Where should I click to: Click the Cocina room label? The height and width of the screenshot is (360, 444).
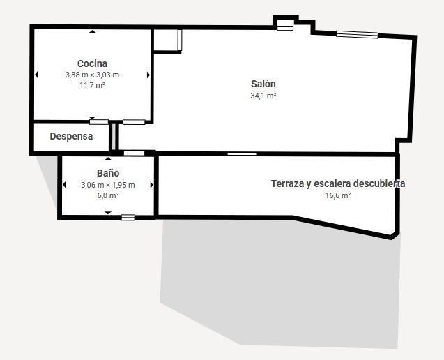92,63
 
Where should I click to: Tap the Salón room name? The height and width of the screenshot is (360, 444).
263,84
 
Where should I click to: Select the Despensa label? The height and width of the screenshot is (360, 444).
71,136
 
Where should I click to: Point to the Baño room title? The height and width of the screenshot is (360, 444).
108,173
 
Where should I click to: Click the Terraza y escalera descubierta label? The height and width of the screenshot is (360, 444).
338,183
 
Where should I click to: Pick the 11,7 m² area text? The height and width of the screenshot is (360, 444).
92,85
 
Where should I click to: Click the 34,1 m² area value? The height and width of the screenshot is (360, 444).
263,96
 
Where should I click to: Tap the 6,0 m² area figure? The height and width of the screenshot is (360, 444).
108,195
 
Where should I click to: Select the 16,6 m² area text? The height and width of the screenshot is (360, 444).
338,195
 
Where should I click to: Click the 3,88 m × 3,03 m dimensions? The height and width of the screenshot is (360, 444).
92,75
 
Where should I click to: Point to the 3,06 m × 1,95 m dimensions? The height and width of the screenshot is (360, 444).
108,185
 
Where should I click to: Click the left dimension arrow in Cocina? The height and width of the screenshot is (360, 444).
36,75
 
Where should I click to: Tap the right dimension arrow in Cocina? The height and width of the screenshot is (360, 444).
148,75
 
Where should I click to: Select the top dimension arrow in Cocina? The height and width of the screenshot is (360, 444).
92,31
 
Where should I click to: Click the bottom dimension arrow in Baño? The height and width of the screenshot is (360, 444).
108,213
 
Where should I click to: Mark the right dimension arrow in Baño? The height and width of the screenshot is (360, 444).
151,185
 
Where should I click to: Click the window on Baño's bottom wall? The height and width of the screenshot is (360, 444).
128,218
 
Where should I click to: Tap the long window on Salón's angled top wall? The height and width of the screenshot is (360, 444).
357,35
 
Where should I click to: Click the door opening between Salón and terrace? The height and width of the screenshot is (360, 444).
242,154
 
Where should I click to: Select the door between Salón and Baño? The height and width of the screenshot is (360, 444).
135,153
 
